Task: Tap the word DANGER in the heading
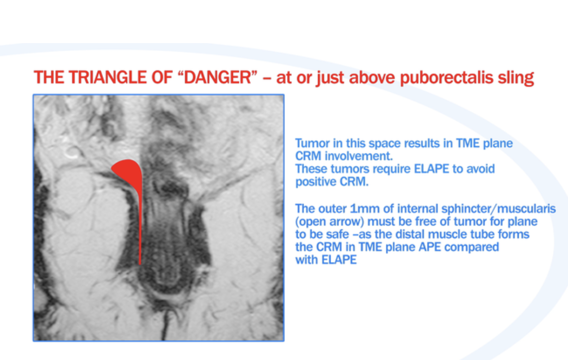pos(218,77)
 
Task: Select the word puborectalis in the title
pos(446,78)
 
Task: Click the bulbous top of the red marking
pos(127,170)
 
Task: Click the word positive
pos(315,182)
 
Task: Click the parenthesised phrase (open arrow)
pos(329,222)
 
